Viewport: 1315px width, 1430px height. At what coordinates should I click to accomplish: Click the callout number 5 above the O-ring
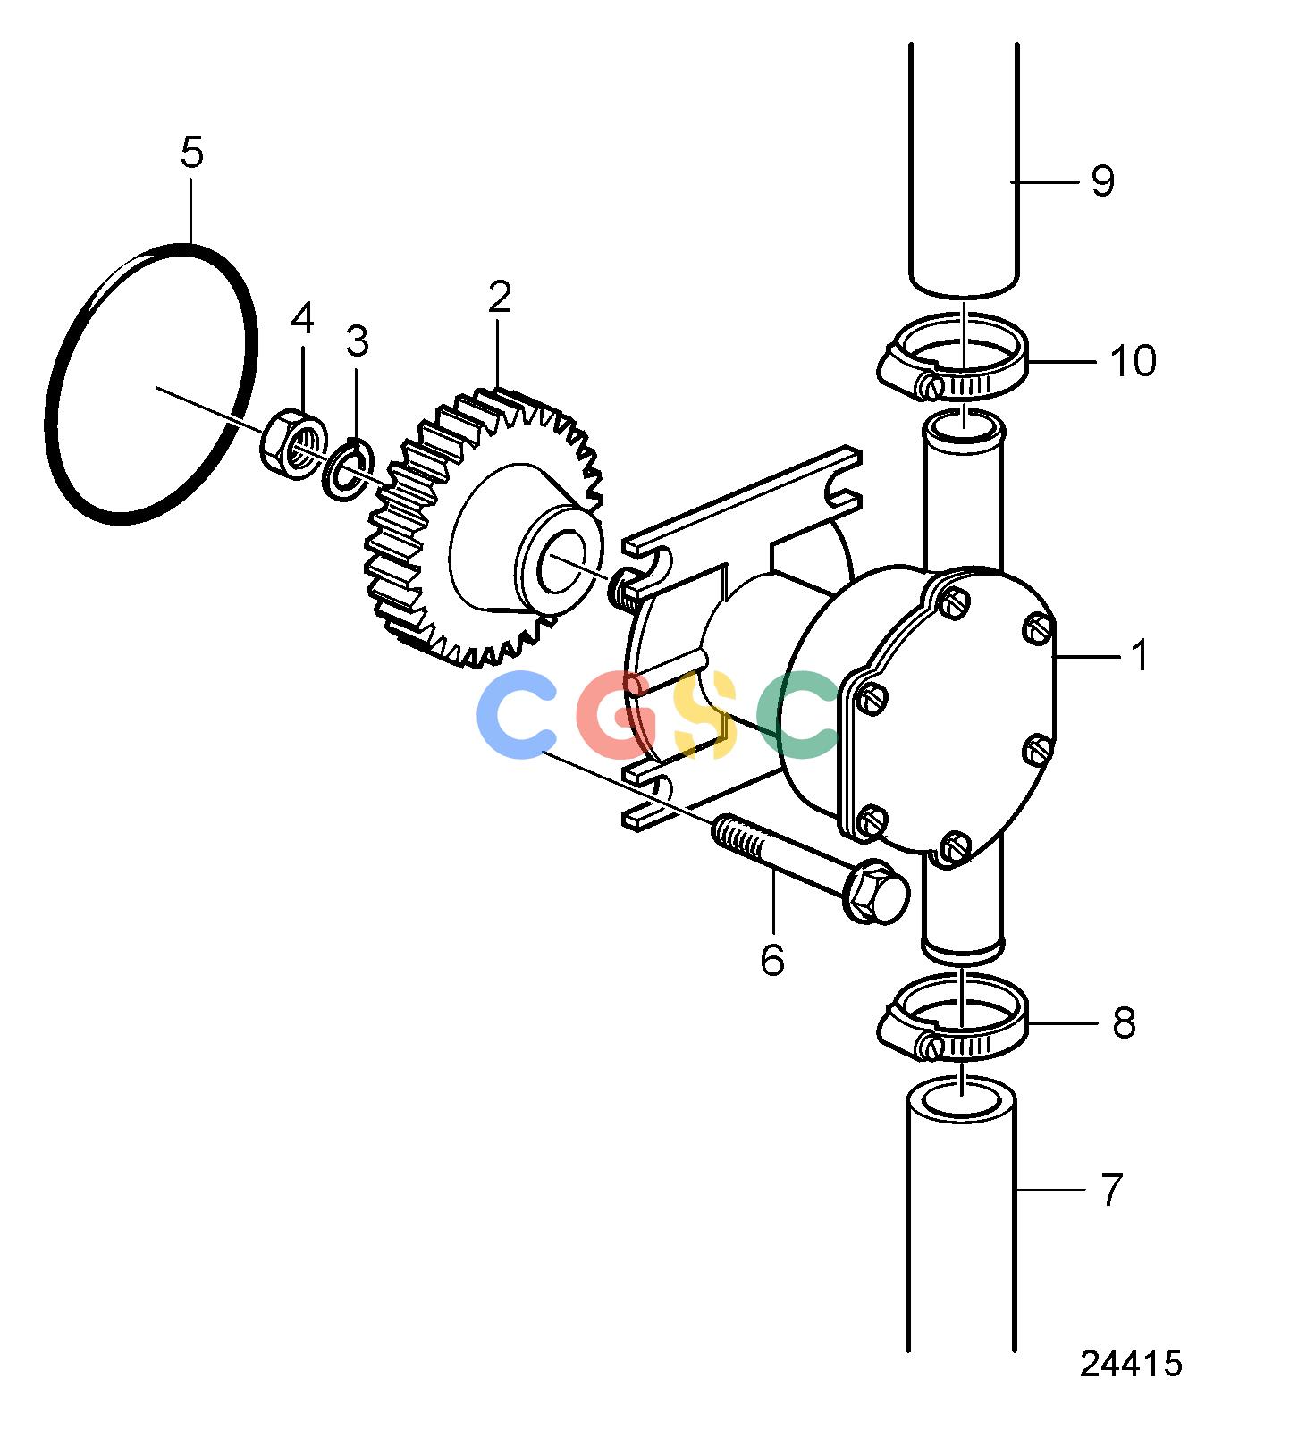pos(192,153)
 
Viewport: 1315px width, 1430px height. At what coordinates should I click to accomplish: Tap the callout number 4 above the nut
pos(303,318)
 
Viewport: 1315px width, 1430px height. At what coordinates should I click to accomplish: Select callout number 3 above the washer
pos(357,341)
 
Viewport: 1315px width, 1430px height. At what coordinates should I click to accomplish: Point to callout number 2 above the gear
pos(500,297)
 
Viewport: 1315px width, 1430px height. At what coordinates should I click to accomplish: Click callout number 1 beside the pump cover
pos(1139,656)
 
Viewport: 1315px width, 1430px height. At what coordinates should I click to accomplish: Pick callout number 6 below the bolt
pos(772,960)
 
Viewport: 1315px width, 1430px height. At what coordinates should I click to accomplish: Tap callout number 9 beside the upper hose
pos(1103,181)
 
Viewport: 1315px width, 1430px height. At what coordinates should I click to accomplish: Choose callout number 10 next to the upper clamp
pos(1133,361)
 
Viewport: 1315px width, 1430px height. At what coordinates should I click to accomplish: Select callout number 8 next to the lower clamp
pos(1124,1023)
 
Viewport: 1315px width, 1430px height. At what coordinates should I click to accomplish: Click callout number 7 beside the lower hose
pos(1109,1190)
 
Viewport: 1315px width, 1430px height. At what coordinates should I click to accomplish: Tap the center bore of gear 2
pos(561,562)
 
